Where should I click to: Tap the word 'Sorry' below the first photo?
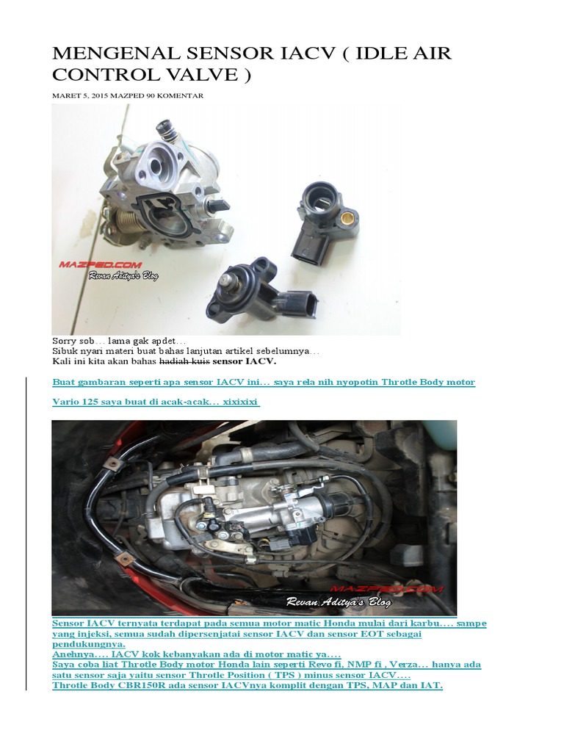65,341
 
